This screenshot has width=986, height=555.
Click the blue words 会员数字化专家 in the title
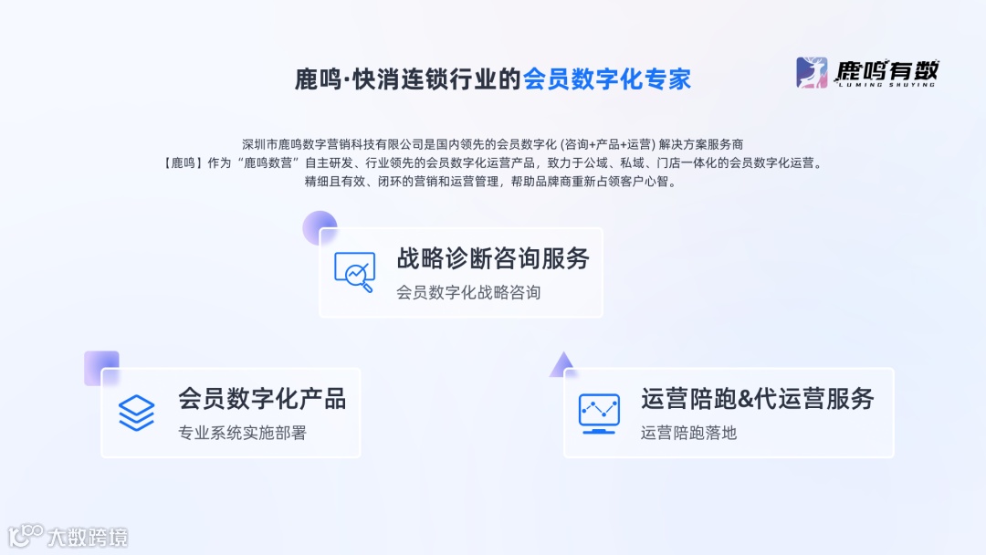tap(607, 79)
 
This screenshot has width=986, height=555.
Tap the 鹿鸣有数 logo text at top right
tap(887, 69)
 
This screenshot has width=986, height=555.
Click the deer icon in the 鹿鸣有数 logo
tap(811, 72)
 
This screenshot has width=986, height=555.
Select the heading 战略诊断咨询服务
tap(493, 258)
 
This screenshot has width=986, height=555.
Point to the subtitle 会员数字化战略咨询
tap(468, 292)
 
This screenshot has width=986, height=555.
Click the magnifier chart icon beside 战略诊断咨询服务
tap(354, 271)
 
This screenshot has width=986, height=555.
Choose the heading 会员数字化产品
tap(262, 399)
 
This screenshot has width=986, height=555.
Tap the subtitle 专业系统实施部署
tap(242, 433)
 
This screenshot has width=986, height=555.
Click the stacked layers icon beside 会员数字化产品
tap(137, 413)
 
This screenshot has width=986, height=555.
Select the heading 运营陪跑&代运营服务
tap(758, 399)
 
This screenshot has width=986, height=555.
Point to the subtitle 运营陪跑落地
tap(688, 433)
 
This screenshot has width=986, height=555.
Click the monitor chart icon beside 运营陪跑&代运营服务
tap(599, 413)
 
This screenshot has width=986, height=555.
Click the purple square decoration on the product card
tap(101, 368)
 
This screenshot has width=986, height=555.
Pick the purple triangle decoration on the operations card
tap(561, 365)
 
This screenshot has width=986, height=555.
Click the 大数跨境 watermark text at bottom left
tap(88, 537)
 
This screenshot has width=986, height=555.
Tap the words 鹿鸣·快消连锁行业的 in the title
tap(408, 79)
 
